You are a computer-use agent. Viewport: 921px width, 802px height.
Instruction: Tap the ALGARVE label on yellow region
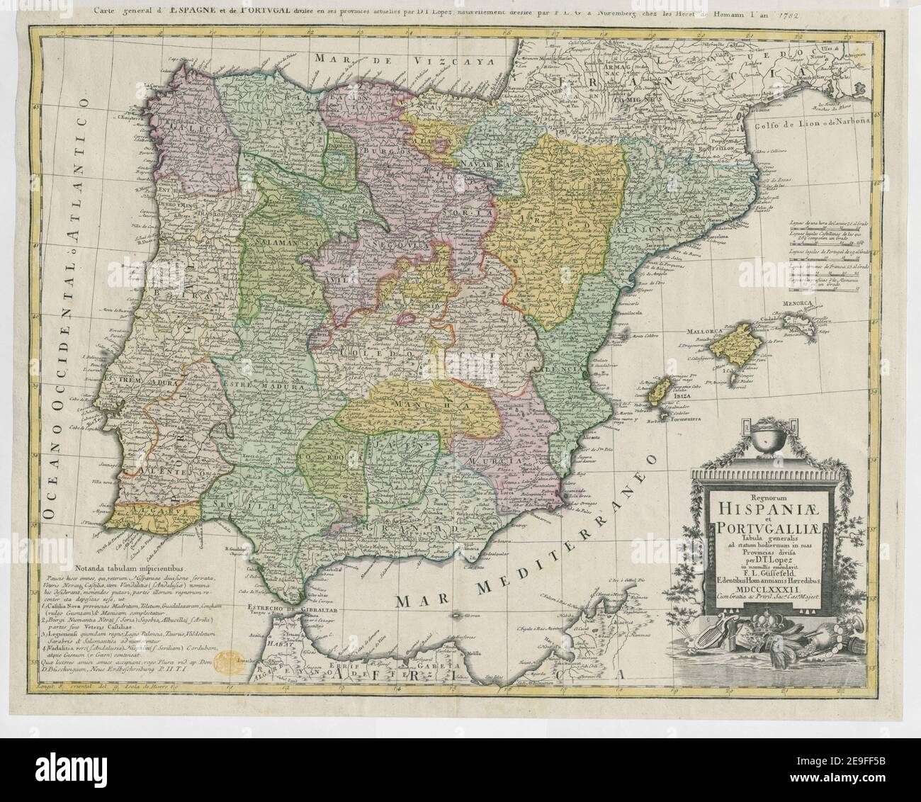tap(143, 509)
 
